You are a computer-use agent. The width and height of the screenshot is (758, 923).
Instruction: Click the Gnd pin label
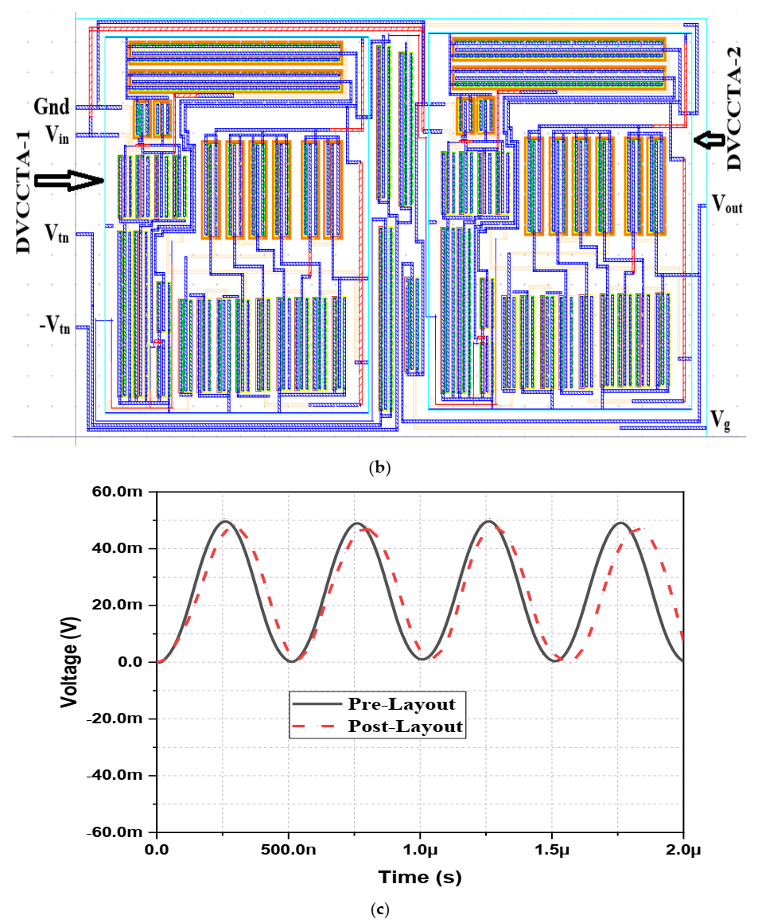[51, 107]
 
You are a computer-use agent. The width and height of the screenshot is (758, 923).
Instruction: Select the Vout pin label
[727, 205]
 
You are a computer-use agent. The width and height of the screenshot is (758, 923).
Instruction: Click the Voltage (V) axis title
[69, 662]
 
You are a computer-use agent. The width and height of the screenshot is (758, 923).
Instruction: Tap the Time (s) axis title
[419, 878]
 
